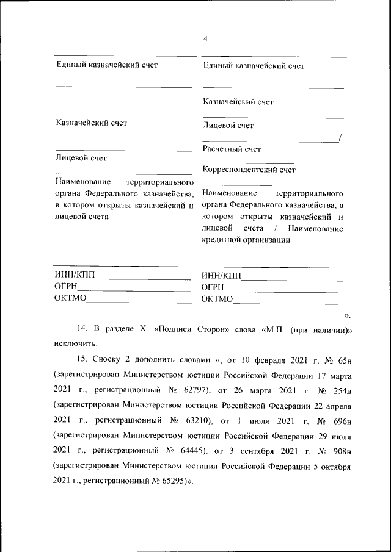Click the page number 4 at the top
205,38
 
